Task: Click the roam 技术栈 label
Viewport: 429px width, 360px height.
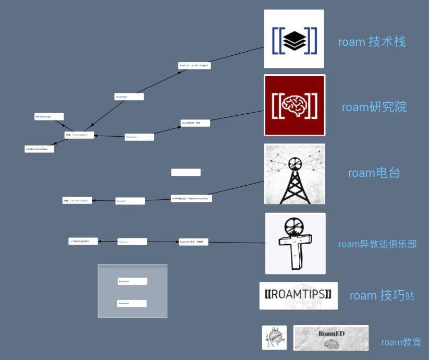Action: tap(372, 42)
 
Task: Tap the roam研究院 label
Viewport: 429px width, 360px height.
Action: tap(374, 107)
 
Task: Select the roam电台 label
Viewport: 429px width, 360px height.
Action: tap(374, 173)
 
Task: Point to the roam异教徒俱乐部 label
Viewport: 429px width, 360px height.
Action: tap(377, 244)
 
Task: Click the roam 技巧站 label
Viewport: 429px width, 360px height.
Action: tap(382, 296)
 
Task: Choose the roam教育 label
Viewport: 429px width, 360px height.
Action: tap(401, 342)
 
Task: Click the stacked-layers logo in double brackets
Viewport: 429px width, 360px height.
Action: tap(294, 39)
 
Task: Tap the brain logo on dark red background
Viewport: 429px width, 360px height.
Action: tap(295, 105)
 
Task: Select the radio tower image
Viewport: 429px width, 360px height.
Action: tap(295, 174)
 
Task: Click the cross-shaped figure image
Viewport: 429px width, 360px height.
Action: tap(295, 243)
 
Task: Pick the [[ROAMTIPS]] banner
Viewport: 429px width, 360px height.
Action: tap(298, 296)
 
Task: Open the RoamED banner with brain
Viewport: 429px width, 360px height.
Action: tap(331, 338)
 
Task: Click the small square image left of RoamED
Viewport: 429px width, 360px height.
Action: tap(274, 338)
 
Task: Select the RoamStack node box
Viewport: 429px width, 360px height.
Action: tap(129, 97)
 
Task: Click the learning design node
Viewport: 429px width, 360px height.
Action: tap(49, 117)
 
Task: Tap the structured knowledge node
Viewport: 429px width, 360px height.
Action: tap(39, 149)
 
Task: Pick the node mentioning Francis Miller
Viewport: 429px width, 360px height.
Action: tap(79, 135)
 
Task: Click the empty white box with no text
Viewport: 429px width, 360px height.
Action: tap(186, 172)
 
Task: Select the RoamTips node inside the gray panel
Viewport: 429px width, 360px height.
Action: tap(132, 281)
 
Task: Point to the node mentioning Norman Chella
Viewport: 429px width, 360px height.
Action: tap(77, 200)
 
